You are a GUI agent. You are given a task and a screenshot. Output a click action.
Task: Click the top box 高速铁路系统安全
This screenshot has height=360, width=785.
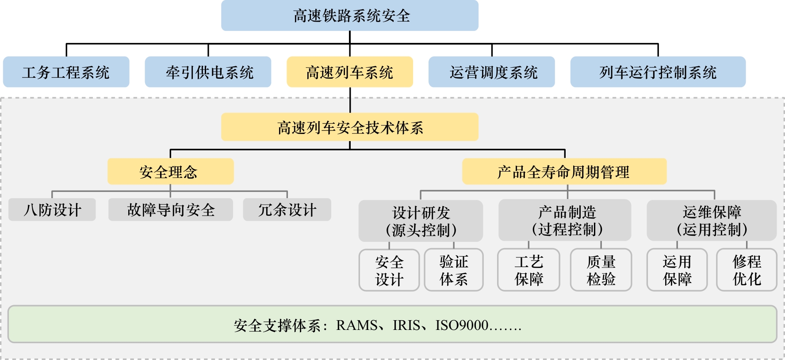pyautogui.click(x=350, y=16)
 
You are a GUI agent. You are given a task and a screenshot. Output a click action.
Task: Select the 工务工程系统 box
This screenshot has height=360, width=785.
pyautogui.click(x=66, y=72)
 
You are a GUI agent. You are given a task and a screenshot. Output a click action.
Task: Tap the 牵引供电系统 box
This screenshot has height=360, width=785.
pyautogui.click(x=208, y=72)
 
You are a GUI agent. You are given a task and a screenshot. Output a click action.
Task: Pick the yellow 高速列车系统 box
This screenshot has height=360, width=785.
pyautogui.click(x=350, y=72)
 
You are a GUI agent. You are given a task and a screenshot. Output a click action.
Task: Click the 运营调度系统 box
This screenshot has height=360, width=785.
pyautogui.click(x=492, y=72)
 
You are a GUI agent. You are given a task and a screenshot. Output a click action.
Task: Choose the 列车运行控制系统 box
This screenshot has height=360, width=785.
pyautogui.click(x=658, y=72)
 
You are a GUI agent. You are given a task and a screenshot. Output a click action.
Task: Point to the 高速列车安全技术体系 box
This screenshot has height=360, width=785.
pyautogui.click(x=350, y=127)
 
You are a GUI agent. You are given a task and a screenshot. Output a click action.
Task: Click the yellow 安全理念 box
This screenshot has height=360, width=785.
pyautogui.click(x=170, y=172)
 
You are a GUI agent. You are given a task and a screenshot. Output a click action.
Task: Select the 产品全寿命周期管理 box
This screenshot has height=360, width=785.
pyautogui.click(x=564, y=172)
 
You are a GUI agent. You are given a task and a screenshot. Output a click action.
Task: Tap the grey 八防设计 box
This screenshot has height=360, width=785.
pyautogui.click(x=52, y=210)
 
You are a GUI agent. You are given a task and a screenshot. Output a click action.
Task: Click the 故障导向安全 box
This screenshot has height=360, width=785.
pyautogui.click(x=171, y=210)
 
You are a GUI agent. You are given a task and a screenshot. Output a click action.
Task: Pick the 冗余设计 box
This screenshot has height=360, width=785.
pyautogui.click(x=287, y=210)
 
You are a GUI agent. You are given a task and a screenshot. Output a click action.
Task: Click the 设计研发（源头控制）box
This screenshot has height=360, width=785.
pyautogui.click(x=421, y=221)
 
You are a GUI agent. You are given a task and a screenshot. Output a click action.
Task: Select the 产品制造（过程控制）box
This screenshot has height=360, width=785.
pyautogui.click(x=565, y=220)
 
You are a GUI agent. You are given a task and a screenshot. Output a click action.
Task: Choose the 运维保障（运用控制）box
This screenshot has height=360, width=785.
pyautogui.click(x=712, y=220)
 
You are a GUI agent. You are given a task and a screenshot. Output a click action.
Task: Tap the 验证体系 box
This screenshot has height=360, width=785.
pyautogui.click(x=454, y=270)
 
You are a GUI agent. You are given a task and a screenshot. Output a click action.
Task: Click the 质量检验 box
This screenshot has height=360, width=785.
pyautogui.click(x=601, y=270)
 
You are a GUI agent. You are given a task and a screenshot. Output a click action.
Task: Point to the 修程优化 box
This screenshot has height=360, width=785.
pyautogui.click(x=747, y=270)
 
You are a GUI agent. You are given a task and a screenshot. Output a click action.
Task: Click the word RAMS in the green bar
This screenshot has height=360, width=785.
pyautogui.click(x=356, y=326)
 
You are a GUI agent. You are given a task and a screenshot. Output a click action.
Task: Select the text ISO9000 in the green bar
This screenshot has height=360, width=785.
pyautogui.click(x=462, y=326)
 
